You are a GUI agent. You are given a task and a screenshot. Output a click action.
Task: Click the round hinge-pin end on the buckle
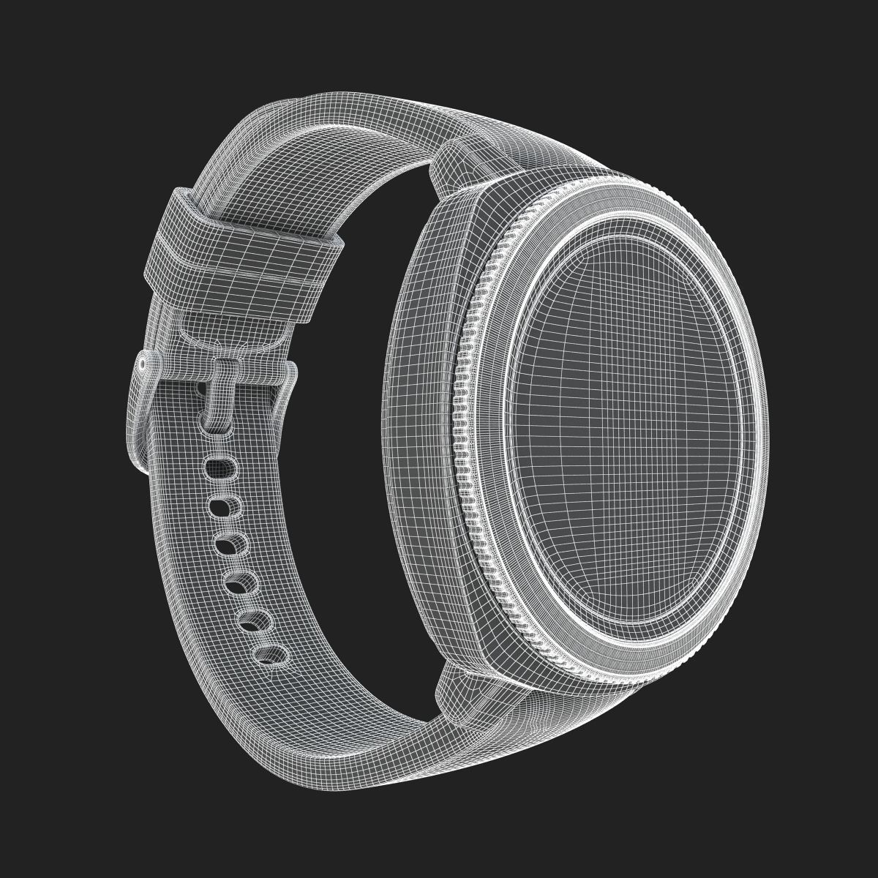(x=141, y=364)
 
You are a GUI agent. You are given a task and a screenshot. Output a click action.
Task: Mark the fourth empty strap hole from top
(x=239, y=582)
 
